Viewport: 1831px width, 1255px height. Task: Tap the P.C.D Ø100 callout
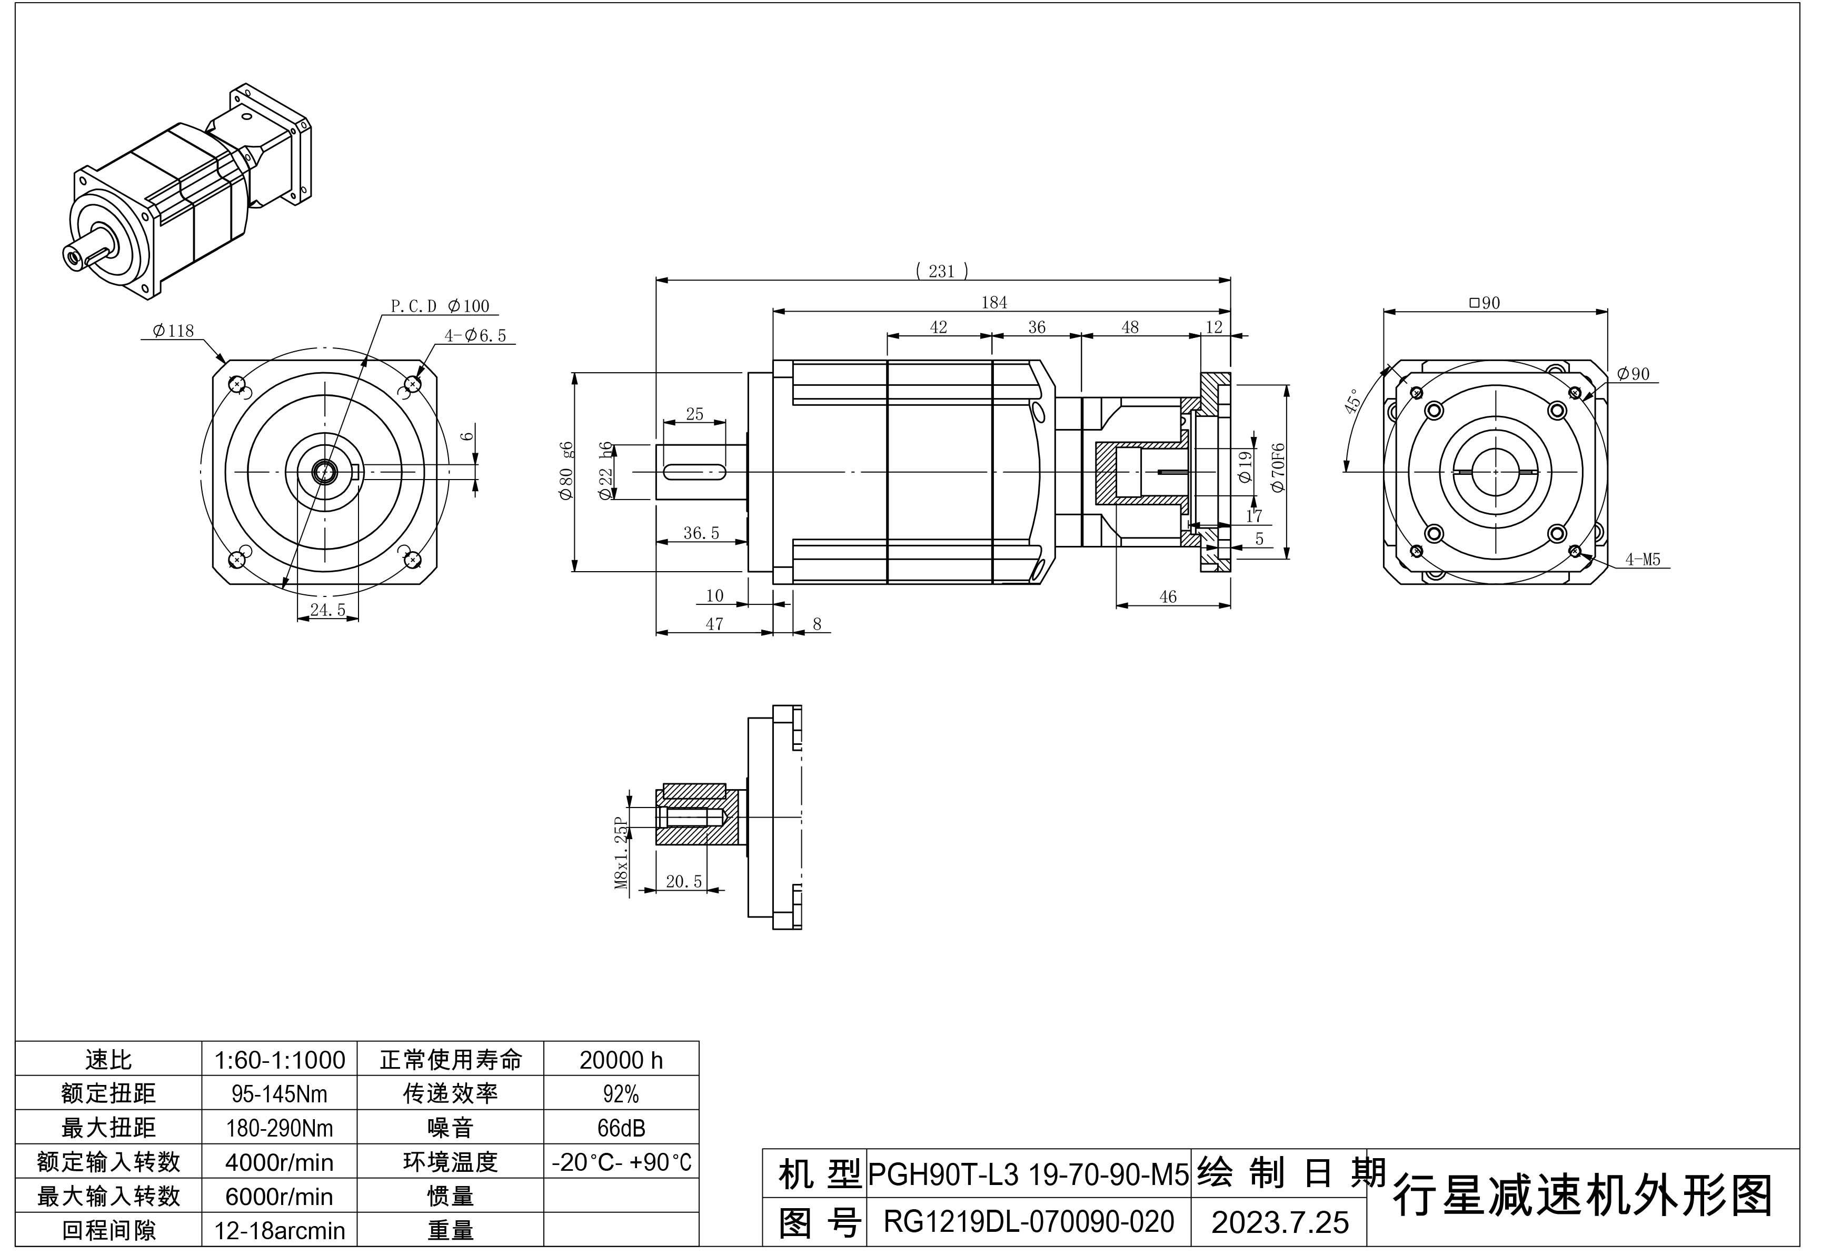(440, 306)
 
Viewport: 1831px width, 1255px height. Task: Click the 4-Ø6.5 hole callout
(475, 336)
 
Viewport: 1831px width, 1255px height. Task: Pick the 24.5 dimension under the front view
(328, 610)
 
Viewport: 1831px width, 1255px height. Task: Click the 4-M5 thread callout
(1642, 560)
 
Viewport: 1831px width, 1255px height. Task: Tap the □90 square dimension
(1485, 303)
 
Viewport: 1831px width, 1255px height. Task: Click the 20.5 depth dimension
(683, 882)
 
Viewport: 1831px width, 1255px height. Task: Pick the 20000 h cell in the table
(621, 1060)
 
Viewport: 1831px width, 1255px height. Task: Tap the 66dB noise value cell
(621, 1128)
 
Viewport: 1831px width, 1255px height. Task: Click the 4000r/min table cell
(279, 1162)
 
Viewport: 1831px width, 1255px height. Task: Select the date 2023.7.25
(1279, 1222)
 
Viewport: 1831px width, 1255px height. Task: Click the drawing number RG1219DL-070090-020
(1028, 1222)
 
